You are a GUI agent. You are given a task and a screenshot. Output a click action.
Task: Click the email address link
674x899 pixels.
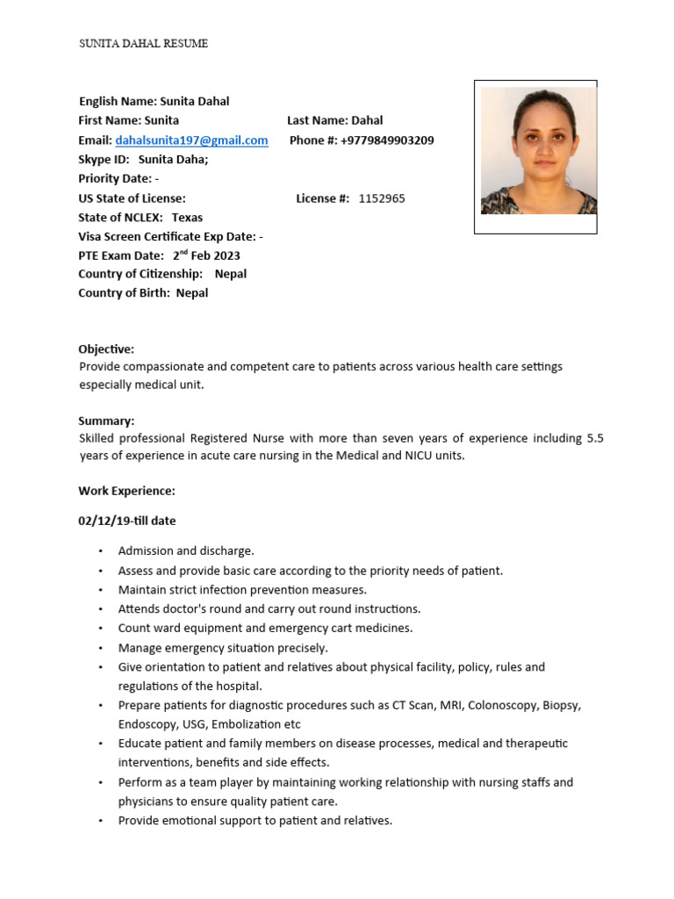[191, 140]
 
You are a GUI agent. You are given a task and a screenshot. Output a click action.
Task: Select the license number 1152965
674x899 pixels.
[382, 198]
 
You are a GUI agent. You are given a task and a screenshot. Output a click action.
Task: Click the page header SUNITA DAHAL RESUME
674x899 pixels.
[144, 43]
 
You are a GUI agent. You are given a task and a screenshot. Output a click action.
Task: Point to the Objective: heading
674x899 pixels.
[106, 349]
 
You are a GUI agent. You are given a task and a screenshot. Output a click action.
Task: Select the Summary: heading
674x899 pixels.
[106, 421]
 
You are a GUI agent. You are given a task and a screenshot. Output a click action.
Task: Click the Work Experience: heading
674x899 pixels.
[126, 491]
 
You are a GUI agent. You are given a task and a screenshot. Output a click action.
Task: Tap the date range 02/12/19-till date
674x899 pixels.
[126, 521]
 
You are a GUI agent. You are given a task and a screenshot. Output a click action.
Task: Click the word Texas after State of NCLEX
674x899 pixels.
[187, 218]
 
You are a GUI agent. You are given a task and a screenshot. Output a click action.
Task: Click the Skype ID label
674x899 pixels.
[104, 160]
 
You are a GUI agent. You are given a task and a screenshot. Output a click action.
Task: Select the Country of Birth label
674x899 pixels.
[125, 293]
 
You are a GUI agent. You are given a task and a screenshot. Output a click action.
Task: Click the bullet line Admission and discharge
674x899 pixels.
[186, 551]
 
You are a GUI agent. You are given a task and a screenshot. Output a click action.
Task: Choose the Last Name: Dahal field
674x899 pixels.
[334, 120]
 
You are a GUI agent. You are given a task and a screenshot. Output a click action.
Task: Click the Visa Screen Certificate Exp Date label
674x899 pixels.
[167, 236]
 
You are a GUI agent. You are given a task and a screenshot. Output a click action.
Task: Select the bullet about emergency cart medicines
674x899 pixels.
[265, 628]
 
